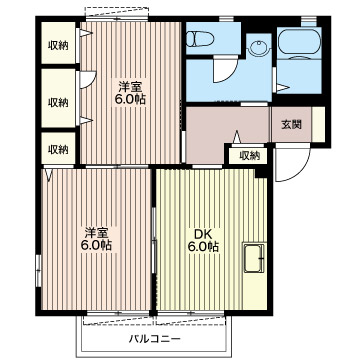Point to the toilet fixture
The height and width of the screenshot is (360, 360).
point(197,38)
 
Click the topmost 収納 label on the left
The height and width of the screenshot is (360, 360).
point(58,46)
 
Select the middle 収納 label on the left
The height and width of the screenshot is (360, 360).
point(58,102)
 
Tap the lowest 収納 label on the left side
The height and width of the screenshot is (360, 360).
point(58,149)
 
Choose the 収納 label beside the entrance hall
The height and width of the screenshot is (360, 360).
point(249,155)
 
